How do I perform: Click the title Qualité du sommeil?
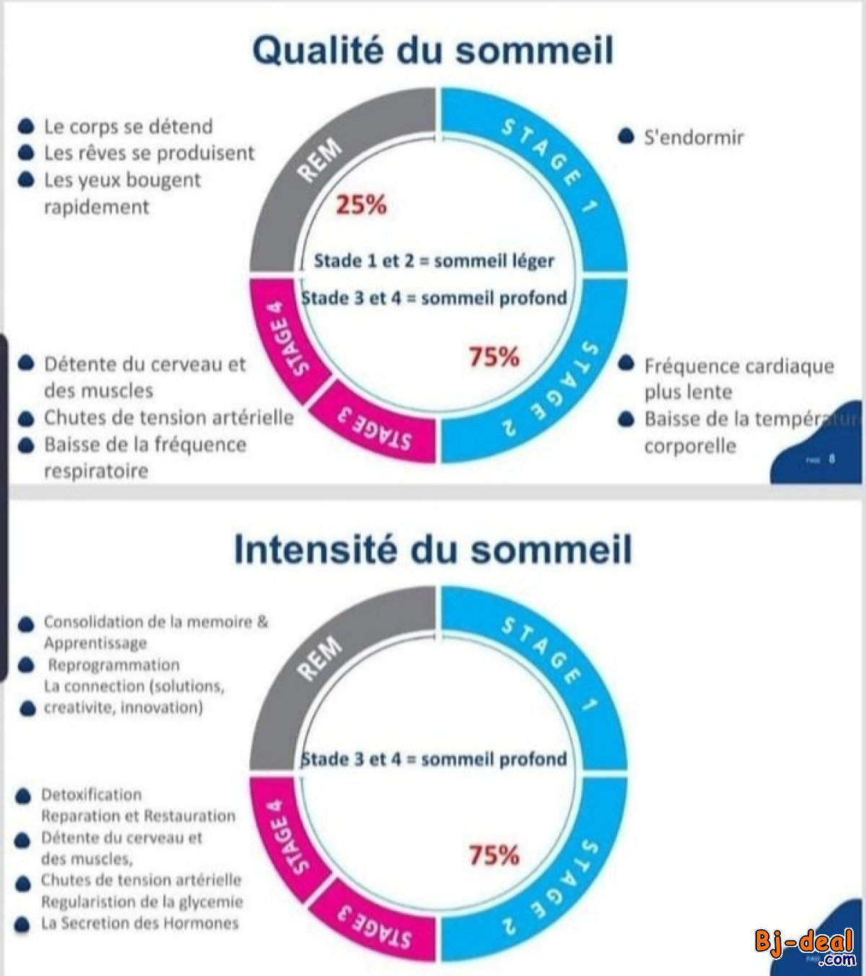(x=433, y=50)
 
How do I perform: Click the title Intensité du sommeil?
(x=433, y=550)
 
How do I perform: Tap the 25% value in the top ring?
(x=361, y=206)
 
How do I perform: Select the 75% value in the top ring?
(x=494, y=356)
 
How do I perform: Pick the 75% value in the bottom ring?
(x=494, y=856)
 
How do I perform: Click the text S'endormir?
(x=693, y=137)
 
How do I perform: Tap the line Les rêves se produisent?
(x=149, y=153)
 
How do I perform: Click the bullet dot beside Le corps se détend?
(x=26, y=127)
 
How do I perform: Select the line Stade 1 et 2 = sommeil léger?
(x=434, y=260)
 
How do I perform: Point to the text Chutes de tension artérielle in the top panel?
(x=168, y=418)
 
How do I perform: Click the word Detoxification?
(x=92, y=795)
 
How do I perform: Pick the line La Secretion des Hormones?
(x=139, y=923)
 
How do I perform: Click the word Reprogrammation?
(x=114, y=665)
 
